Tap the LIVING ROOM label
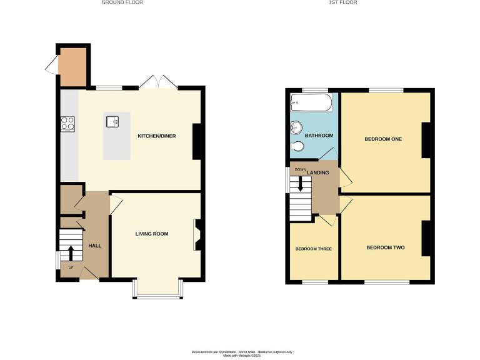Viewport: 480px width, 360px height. click(152, 234)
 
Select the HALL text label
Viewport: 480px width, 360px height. click(95, 246)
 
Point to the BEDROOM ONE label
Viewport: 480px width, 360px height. click(383, 139)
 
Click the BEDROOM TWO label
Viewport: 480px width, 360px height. click(385, 248)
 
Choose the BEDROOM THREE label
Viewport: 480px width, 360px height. click(313, 249)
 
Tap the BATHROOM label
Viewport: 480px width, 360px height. click(319, 136)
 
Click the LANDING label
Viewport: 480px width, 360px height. click(317, 172)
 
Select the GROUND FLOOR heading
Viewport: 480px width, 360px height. click(122, 2)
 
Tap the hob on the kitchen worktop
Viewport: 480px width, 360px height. click(67, 124)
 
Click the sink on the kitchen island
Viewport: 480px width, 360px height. click(113, 121)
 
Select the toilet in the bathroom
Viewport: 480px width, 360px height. click(298, 147)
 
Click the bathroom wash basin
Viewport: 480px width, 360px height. click(296, 128)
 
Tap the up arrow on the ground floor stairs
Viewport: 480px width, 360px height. click(71, 252)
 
